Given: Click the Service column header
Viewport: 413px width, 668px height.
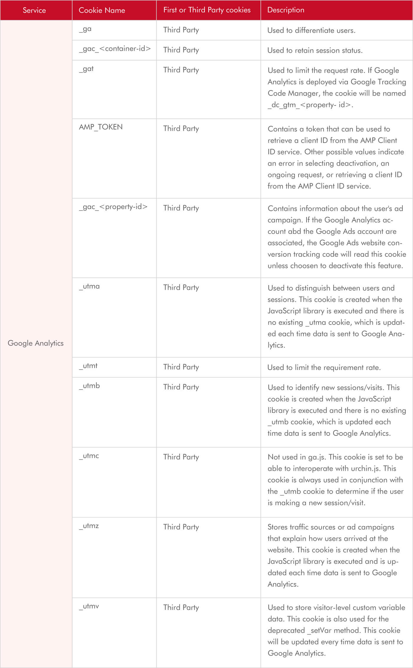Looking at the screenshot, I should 34,10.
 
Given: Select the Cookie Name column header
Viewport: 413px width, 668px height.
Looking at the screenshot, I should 102,10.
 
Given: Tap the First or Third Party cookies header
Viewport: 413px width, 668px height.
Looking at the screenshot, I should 207,10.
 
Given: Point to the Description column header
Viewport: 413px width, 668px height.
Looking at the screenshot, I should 286,10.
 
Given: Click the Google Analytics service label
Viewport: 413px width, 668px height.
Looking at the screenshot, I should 35,343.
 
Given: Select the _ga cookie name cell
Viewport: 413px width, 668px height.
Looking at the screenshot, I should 85,29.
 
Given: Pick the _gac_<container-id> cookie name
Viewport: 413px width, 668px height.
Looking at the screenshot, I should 115,49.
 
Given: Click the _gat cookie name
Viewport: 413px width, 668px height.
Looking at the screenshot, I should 86,69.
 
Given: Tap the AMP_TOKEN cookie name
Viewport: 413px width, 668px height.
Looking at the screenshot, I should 101,127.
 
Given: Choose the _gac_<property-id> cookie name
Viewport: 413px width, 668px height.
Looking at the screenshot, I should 113,207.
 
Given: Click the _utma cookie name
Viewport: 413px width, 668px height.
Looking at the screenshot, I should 89,286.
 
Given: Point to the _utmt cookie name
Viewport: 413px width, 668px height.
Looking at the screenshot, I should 88,366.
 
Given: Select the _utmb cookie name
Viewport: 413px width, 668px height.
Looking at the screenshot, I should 89,386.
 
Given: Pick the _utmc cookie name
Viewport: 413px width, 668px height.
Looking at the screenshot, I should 89,456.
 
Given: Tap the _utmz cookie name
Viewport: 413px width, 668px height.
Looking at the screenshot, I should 89,526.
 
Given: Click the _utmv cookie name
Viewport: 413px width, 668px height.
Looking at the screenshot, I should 89,606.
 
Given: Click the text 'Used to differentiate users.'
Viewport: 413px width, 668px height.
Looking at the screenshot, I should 311,30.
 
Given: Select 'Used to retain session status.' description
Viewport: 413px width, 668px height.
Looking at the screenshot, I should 315,50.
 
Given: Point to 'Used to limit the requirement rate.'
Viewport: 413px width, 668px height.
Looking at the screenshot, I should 324,368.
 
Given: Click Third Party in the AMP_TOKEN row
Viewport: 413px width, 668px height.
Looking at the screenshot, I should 181,129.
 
